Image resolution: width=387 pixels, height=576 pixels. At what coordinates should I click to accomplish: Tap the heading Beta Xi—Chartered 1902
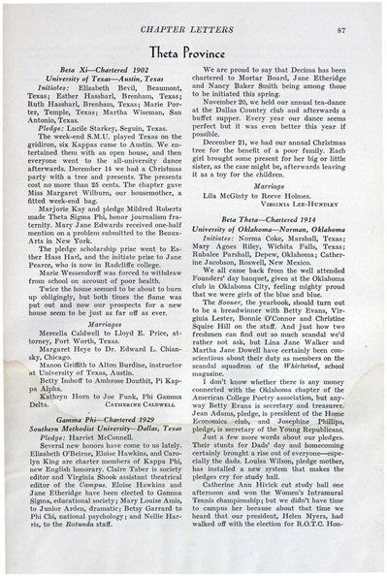(x=104, y=73)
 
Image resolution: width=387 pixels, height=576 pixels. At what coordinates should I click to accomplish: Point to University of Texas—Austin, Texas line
(x=105, y=82)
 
